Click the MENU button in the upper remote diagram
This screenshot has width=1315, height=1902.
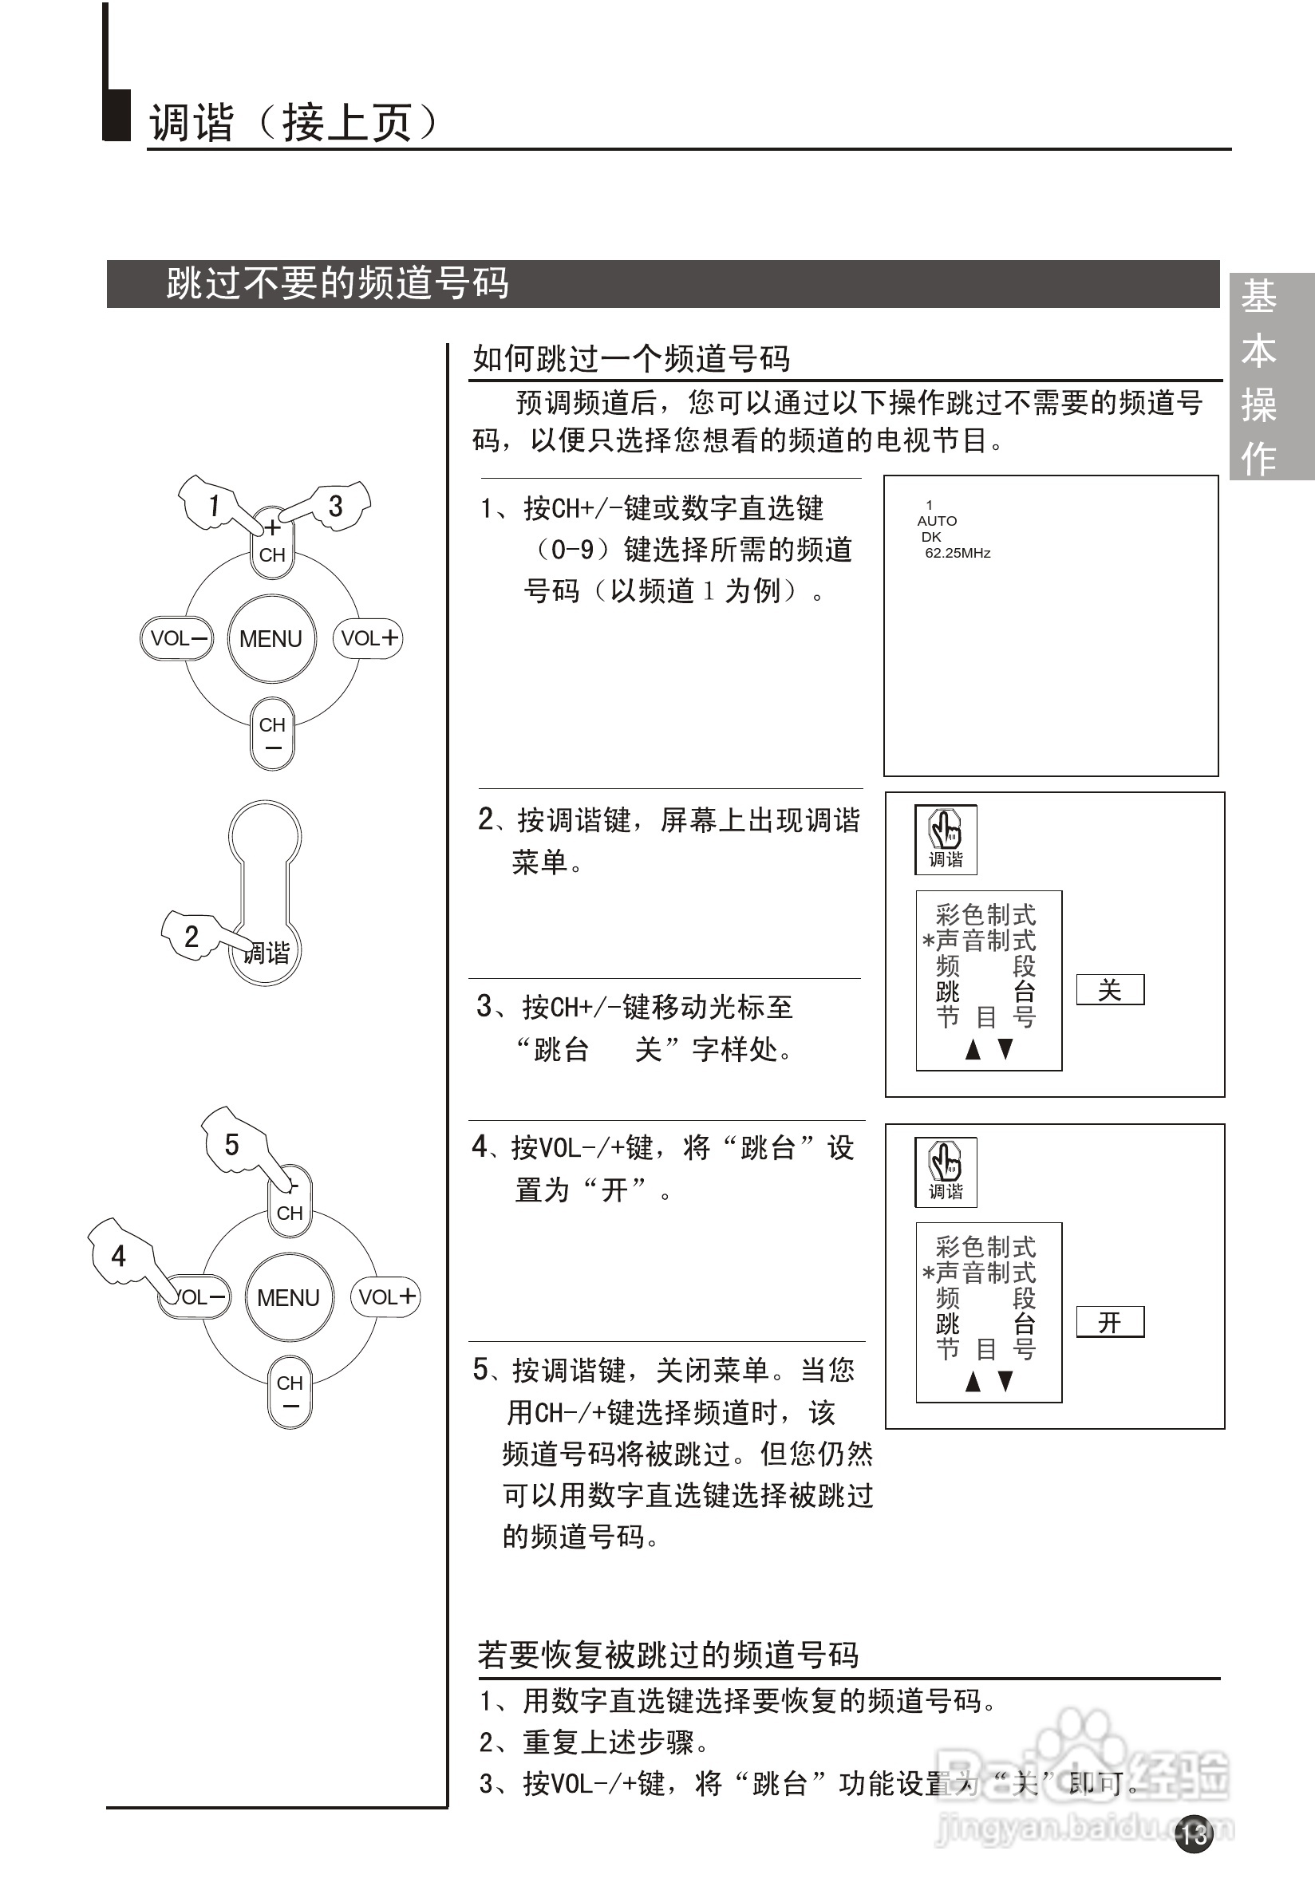tap(271, 638)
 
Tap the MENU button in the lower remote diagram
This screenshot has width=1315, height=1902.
tap(288, 1297)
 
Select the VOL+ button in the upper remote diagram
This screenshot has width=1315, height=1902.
tap(368, 637)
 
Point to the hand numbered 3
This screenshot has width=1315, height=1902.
tap(338, 505)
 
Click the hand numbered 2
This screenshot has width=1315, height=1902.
tap(192, 936)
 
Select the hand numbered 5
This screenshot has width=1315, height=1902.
tap(231, 1143)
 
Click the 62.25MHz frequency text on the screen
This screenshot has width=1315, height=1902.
tap(958, 553)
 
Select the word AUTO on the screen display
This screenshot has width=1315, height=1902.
tap(937, 521)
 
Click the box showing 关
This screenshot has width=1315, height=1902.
tap(1110, 989)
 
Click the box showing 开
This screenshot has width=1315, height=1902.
tap(1110, 1322)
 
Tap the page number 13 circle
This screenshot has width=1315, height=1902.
tap(1194, 1833)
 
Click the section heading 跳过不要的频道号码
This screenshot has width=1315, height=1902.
tap(338, 283)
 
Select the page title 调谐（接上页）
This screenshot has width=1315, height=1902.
tap(293, 124)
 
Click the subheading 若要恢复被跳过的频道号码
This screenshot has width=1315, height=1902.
tap(667, 1654)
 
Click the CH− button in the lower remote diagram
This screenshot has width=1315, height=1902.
tap(290, 1391)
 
